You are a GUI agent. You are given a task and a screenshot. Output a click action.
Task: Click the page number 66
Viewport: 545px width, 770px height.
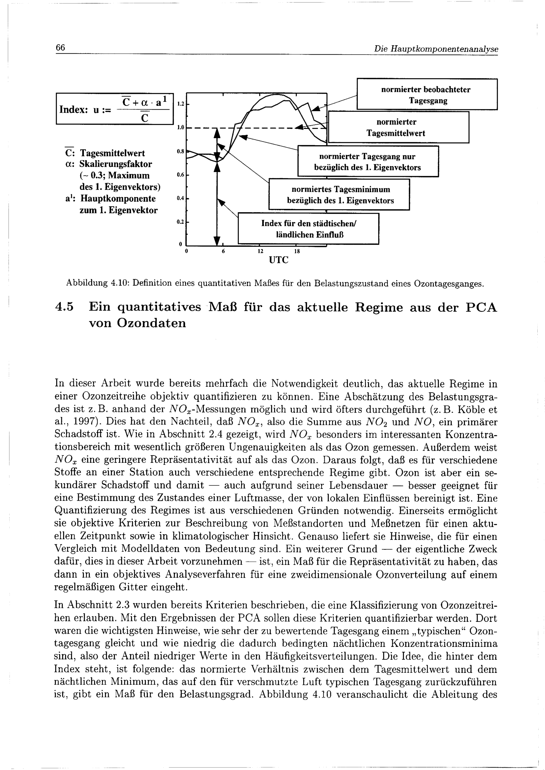coord(60,48)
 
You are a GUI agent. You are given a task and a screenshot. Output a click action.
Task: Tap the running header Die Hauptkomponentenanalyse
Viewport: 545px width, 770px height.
coord(436,49)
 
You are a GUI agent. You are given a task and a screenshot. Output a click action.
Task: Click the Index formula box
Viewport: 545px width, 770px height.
coord(114,109)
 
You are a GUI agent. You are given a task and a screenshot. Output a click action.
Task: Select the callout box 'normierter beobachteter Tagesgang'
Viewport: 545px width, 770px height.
coord(426,94)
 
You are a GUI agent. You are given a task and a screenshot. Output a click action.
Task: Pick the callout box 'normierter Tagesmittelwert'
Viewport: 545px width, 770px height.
coord(398,127)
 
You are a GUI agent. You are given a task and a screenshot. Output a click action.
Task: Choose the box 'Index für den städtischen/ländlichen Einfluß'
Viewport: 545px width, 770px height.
coord(308,229)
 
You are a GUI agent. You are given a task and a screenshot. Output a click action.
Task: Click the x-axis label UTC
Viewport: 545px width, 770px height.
coord(278,260)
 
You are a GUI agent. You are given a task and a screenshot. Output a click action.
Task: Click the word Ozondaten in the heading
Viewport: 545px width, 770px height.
coord(151,323)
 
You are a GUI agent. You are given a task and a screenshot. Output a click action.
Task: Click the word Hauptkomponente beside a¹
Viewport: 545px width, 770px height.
coord(117,199)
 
